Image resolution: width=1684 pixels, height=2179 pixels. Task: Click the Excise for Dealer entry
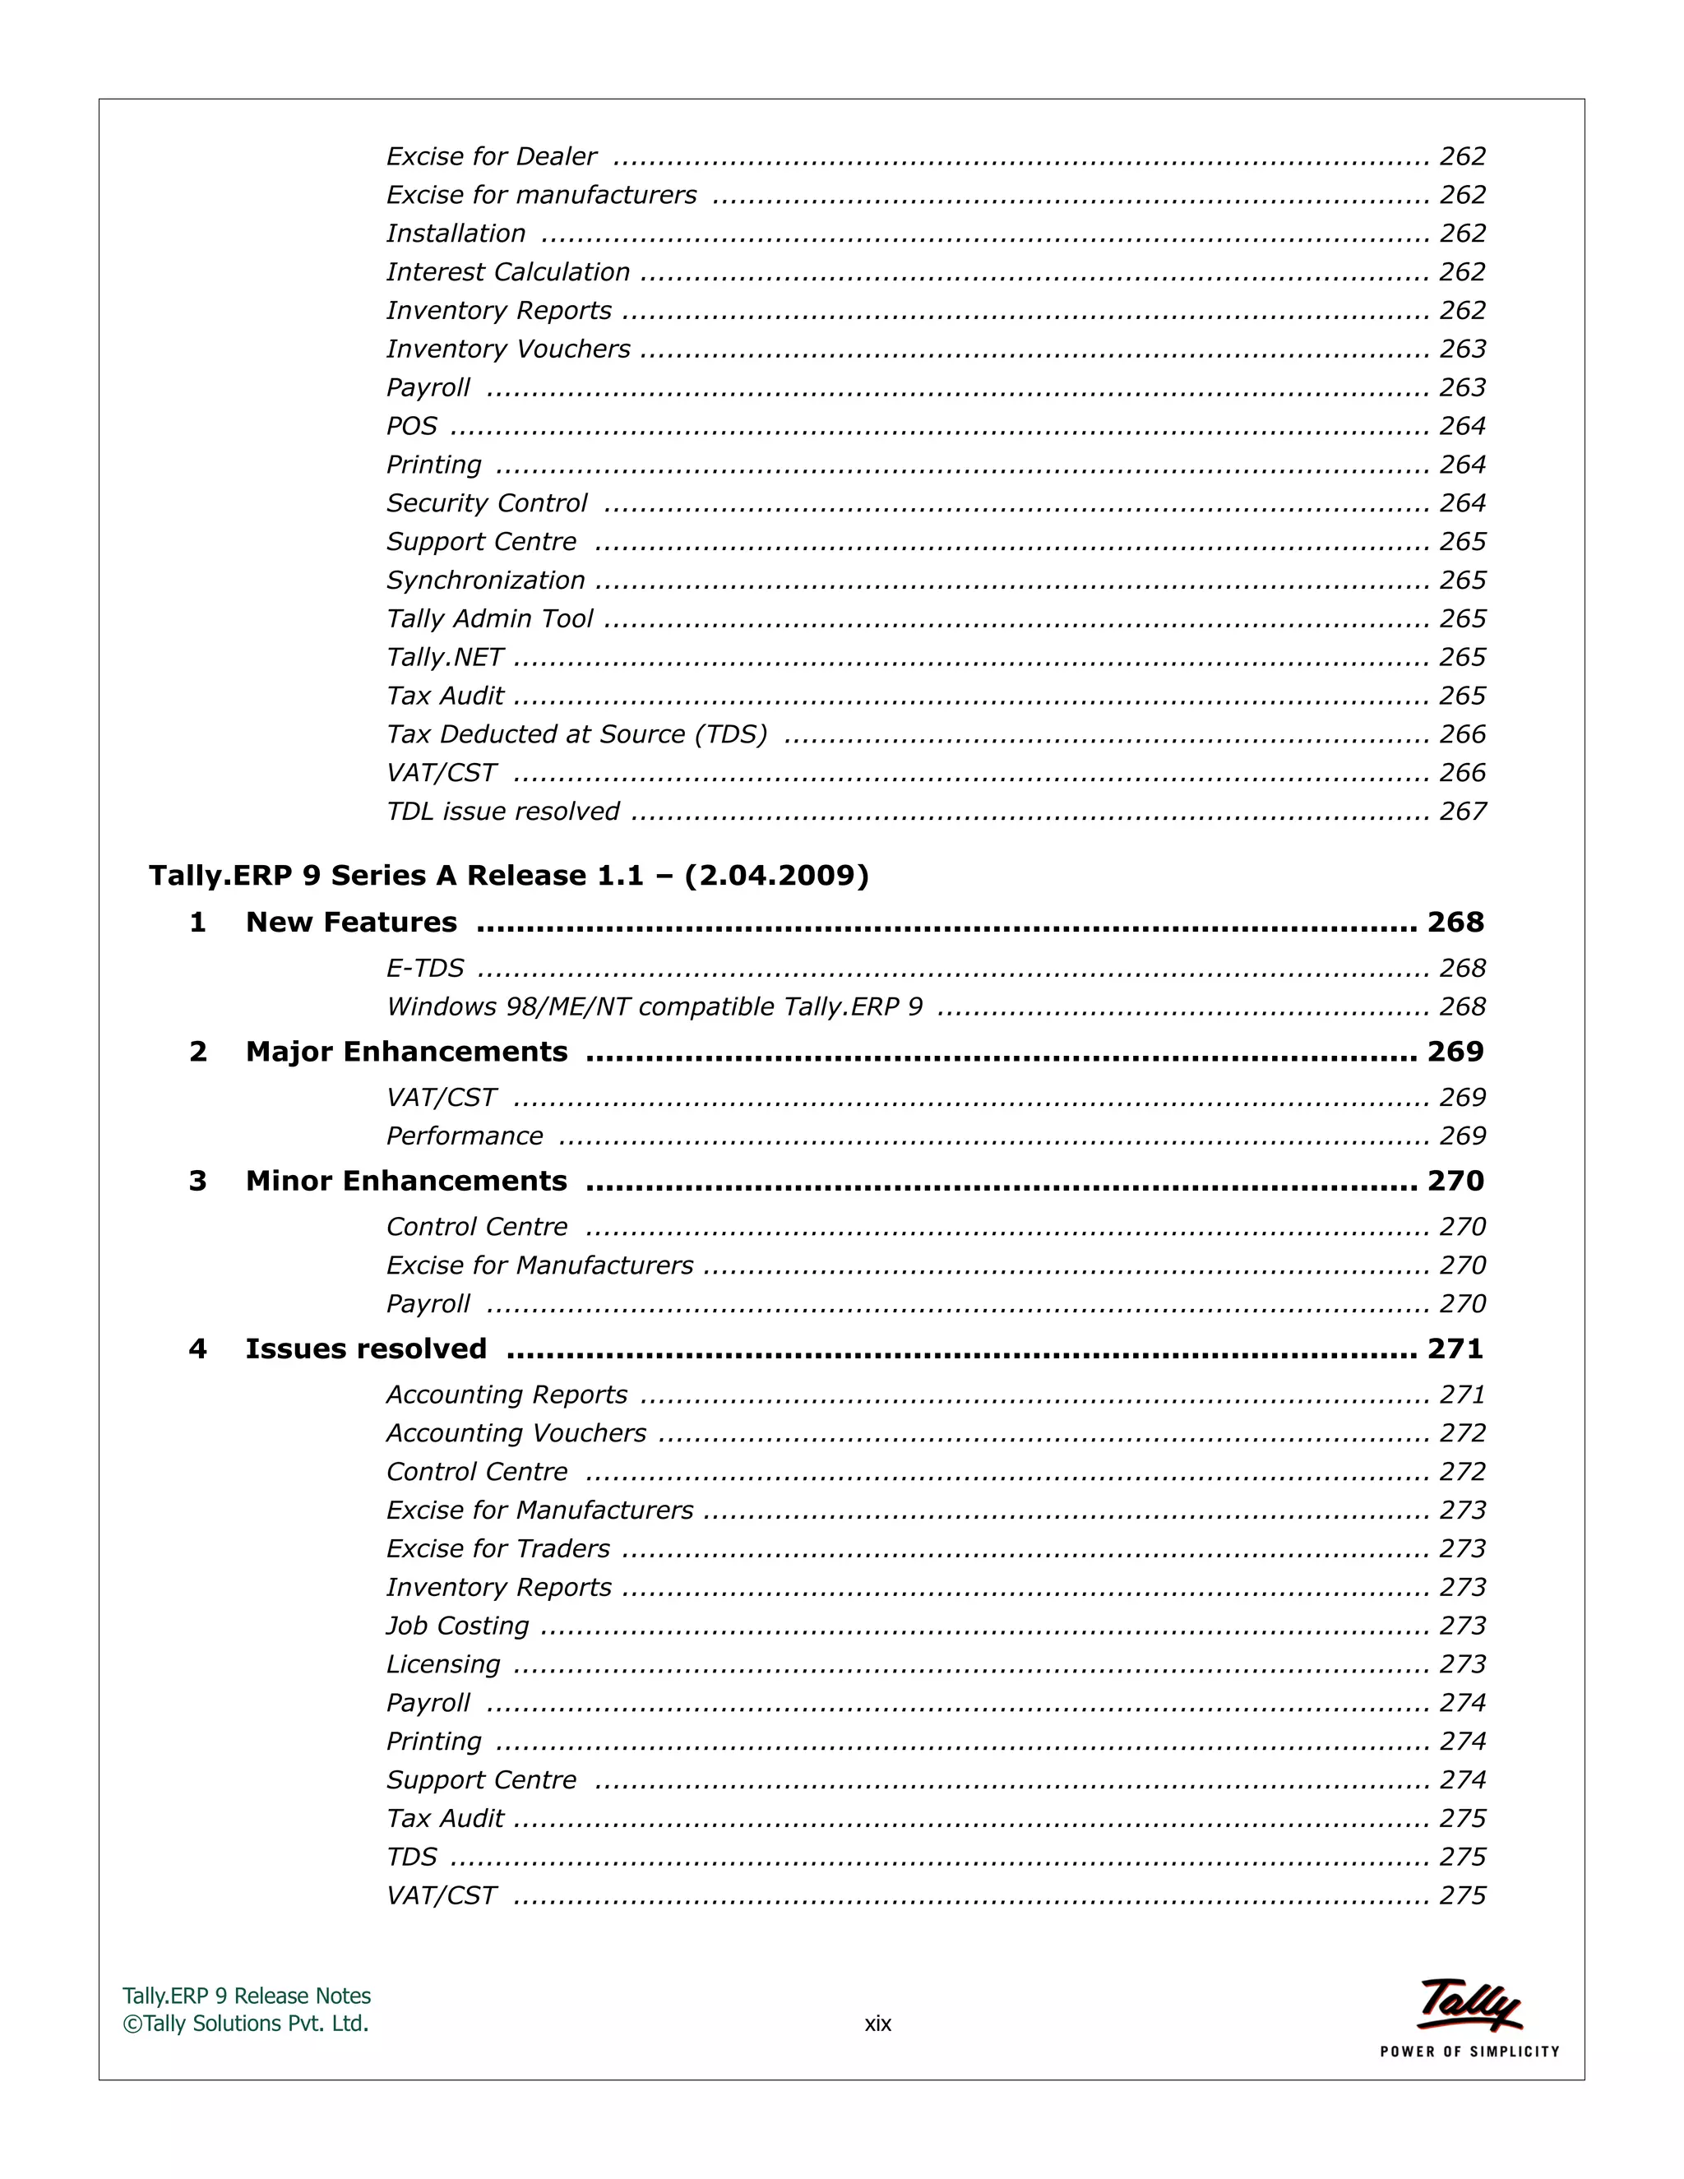tap(491, 156)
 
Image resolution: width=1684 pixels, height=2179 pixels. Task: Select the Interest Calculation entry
tap(508, 272)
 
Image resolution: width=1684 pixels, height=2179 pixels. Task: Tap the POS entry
tap(411, 426)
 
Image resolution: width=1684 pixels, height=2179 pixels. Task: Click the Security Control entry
tap(487, 503)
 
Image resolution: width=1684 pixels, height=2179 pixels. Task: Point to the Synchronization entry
tap(485, 581)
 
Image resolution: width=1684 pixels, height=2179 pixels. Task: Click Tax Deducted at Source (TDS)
tap(576, 734)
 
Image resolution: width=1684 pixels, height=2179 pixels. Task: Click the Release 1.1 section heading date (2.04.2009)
tap(776, 875)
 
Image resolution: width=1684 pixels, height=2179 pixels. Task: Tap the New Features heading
tap(351, 922)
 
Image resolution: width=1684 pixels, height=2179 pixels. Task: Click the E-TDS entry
tap(425, 968)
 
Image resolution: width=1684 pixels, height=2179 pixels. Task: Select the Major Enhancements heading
tap(406, 1052)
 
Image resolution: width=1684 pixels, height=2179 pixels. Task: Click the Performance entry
tap(464, 1136)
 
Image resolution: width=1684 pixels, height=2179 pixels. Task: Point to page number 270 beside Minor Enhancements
tap(1455, 1182)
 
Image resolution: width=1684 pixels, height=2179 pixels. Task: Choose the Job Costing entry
tap(457, 1626)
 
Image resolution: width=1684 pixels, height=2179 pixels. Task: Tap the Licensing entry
tap(443, 1664)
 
